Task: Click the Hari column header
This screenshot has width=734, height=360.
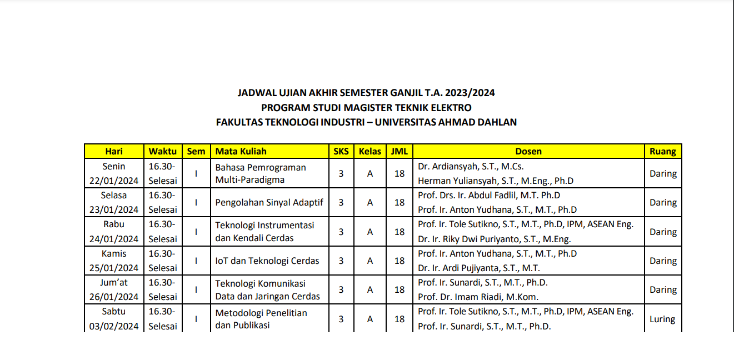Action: pyautogui.click(x=114, y=151)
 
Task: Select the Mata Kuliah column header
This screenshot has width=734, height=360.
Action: pyautogui.click(x=241, y=151)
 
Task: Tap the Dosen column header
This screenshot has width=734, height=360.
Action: pyautogui.click(x=528, y=151)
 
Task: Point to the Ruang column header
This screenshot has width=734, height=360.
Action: pyautogui.click(x=663, y=151)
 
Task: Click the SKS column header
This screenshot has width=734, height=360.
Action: pyautogui.click(x=341, y=151)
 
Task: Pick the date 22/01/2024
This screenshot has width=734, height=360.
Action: pyautogui.click(x=114, y=181)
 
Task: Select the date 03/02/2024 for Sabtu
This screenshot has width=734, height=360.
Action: pyautogui.click(x=114, y=326)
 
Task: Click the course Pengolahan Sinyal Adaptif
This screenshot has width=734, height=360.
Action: pyautogui.click(x=269, y=202)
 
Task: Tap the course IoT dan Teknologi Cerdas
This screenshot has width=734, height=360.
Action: pyautogui.click(x=267, y=261)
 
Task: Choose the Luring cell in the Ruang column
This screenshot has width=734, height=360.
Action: pyautogui.click(x=662, y=319)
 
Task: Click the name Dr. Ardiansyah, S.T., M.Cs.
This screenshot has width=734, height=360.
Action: pyautogui.click(x=471, y=166)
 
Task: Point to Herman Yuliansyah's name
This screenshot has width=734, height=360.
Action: pyautogui.click(x=496, y=181)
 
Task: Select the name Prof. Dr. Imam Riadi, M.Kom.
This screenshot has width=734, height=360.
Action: pyautogui.click(x=478, y=297)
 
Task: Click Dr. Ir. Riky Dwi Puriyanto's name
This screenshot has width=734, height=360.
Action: pyautogui.click(x=494, y=239)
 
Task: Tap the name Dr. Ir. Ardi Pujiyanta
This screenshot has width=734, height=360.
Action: pyautogui.click(x=478, y=268)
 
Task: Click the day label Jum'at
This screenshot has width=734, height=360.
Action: pyautogui.click(x=114, y=282)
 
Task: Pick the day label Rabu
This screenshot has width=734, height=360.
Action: pyautogui.click(x=114, y=224)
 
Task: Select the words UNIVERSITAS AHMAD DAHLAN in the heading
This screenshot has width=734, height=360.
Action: pyautogui.click(x=446, y=122)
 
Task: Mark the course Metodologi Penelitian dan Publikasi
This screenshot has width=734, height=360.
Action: pyautogui.click(x=261, y=319)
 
